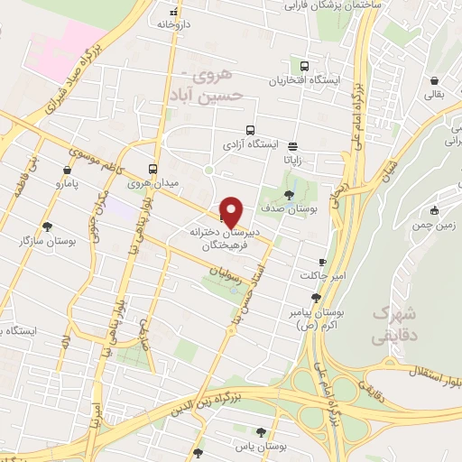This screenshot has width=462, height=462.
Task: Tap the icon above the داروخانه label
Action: coord(175,12)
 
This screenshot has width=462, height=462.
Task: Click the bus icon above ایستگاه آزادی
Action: coord(250,129)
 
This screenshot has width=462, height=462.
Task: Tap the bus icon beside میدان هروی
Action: coord(152,168)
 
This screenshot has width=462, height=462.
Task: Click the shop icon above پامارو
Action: coord(67,169)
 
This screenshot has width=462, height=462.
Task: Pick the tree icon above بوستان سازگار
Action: coord(47,226)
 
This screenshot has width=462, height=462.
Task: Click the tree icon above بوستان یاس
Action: coord(262,432)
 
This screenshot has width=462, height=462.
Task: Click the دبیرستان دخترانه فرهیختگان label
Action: coord(236,236)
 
